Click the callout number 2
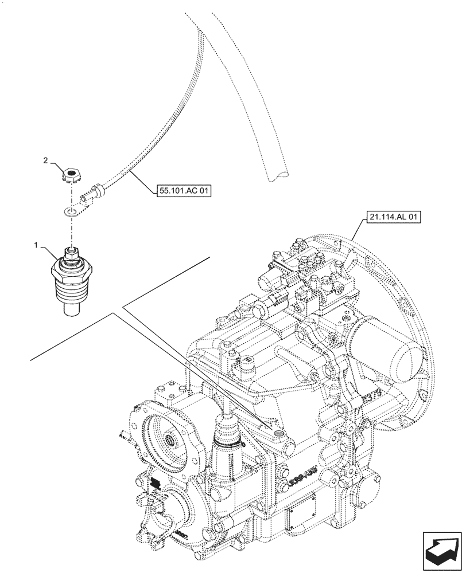pyautogui.click(x=46, y=161)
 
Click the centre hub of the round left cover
pyautogui.click(x=170, y=441)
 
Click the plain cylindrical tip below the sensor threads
pyautogui.click(x=70, y=308)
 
